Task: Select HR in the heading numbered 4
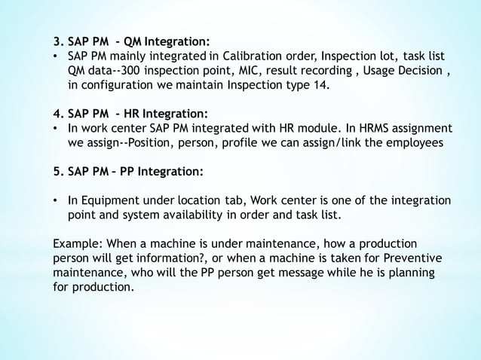coord(132,114)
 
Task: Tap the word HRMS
coord(367,129)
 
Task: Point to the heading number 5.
coord(57,172)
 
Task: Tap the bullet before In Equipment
coord(56,201)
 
